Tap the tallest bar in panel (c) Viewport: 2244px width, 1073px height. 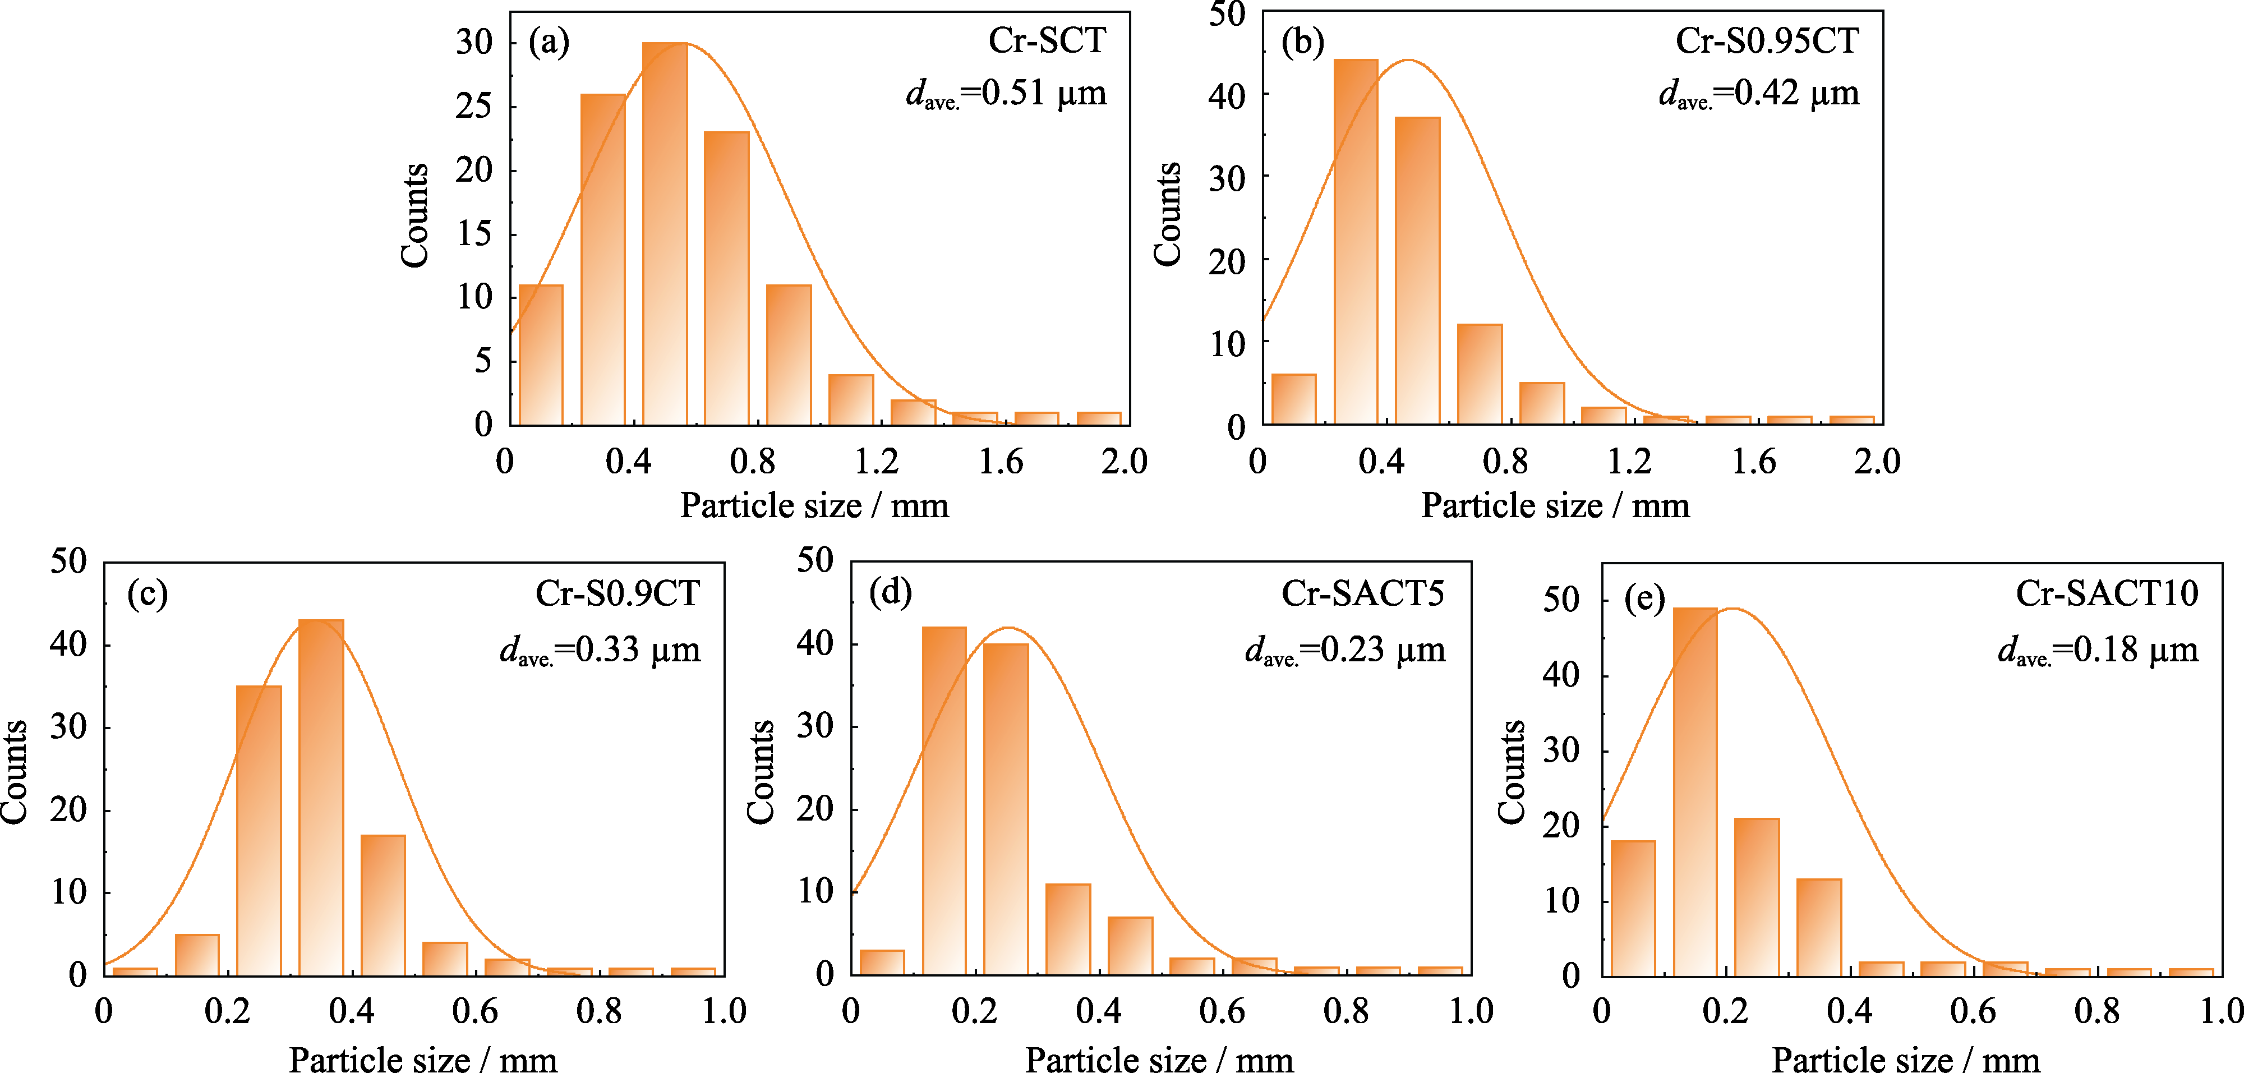[x=321, y=797]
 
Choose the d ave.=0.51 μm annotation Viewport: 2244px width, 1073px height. [x=1006, y=93]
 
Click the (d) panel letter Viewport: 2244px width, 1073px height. [x=890, y=592]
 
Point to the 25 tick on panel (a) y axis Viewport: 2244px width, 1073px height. [x=474, y=106]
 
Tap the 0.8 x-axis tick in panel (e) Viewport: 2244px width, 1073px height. [x=2097, y=1012]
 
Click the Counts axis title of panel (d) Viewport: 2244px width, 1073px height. [x=761, y=771]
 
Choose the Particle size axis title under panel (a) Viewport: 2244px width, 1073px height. [x=814, y=506]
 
